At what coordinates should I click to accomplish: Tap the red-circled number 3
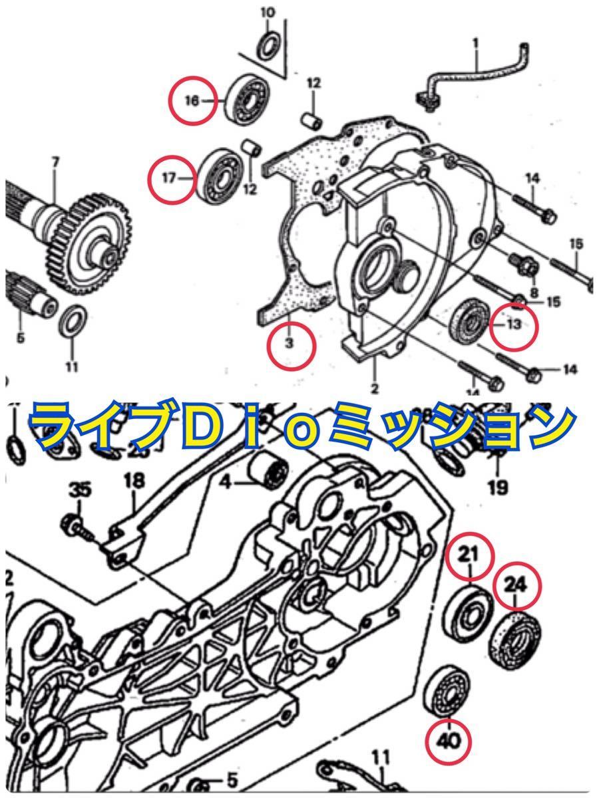tap(290, 343)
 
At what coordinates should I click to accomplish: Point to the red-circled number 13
tap(512, 325)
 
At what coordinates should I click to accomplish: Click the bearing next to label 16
tap(249, 98)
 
